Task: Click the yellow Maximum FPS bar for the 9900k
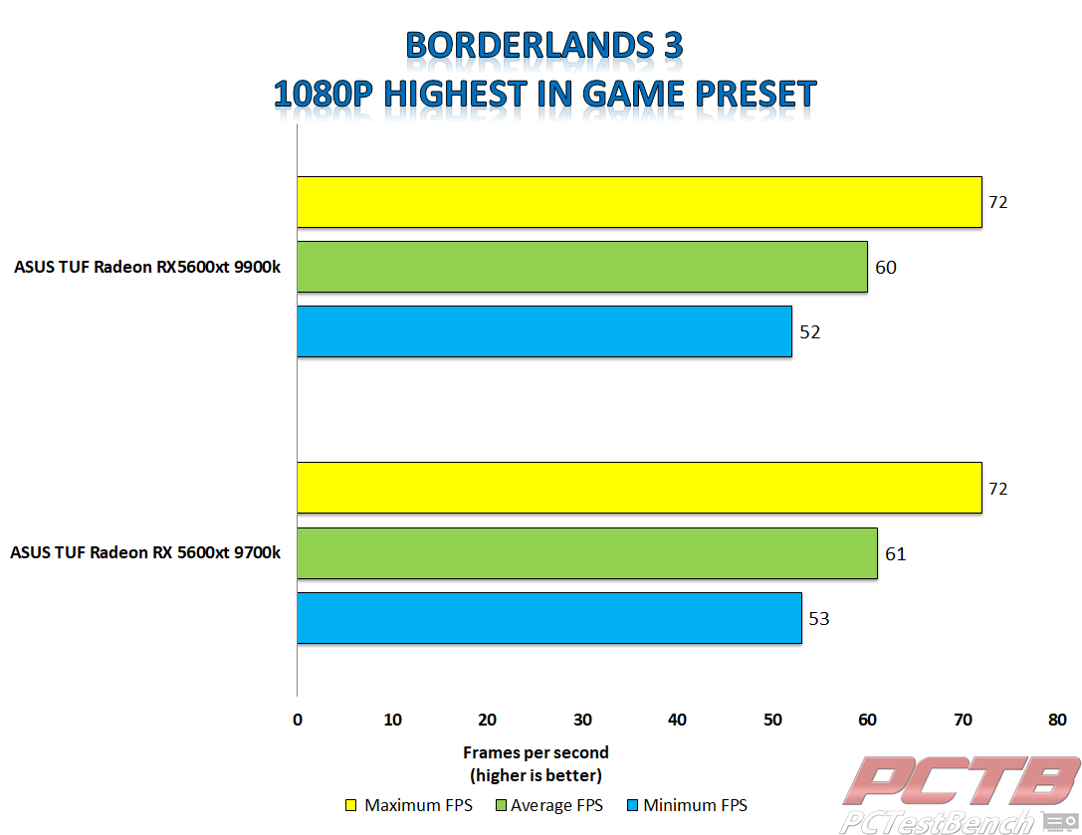(x=639, y=201)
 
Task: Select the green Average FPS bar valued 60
(x=582, y=267)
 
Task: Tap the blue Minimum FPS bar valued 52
(x=544, y=331)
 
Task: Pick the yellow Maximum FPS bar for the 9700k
(x=639, y=488)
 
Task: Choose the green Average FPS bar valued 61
(x=587, y=553)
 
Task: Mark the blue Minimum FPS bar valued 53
(x=549, y=618)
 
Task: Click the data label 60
(x=886, y=267)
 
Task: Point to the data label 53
(x=819, y=618)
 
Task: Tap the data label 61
(x=895, y=553)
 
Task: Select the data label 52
(x=810, y=332)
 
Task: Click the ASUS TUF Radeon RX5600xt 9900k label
(x=147, y=267)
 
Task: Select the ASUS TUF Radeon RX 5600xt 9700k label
(x=145, y=552)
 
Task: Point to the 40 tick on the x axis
(x=677, y=720)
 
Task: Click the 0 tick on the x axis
(x=298, y=720)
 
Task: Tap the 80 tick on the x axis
(x=1057, y=720)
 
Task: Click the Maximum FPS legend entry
(x=409, y=805)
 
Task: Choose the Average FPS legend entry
(x=549, y=805)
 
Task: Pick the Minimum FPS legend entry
(x=687, y=805)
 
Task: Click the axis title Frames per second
(x=536, y=752)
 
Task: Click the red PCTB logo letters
(x=962, y=780)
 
